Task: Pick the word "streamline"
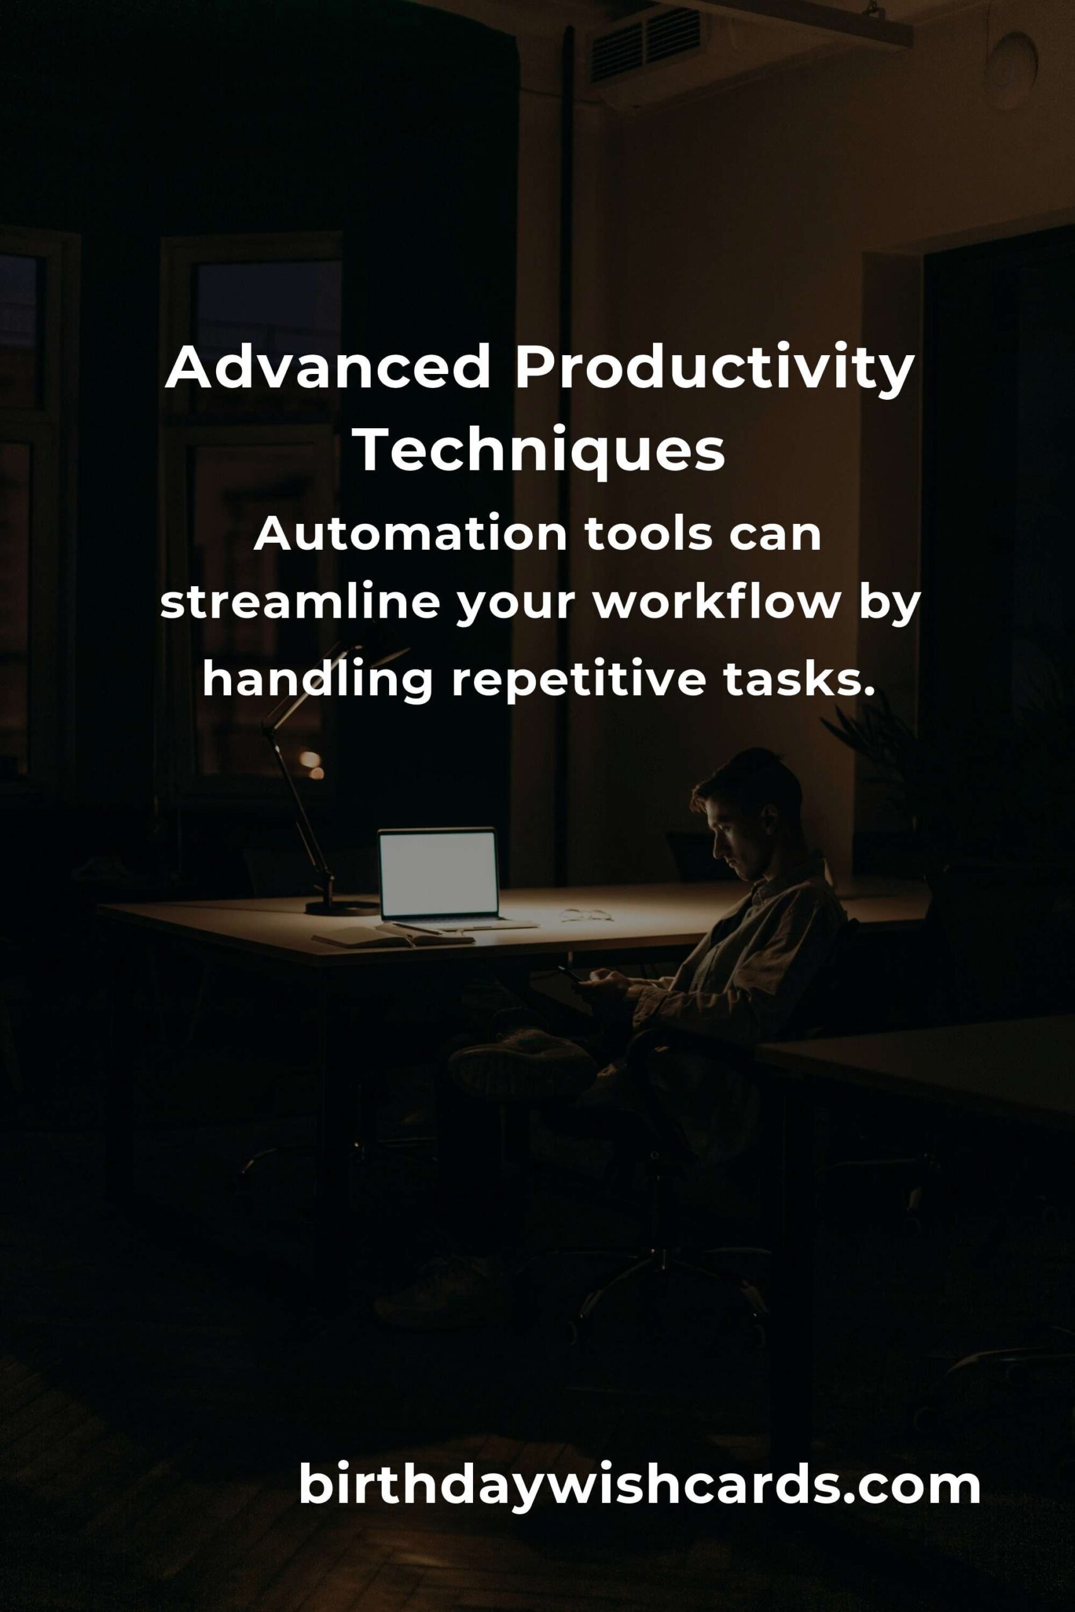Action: [x=300, y=603]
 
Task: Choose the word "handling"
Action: [x=317, y=680]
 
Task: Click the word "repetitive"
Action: [x=578, y=680]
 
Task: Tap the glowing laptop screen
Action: [x=438, y=873]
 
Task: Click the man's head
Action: [x=748, y=813]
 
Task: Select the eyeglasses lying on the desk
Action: [x=586, y=915]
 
